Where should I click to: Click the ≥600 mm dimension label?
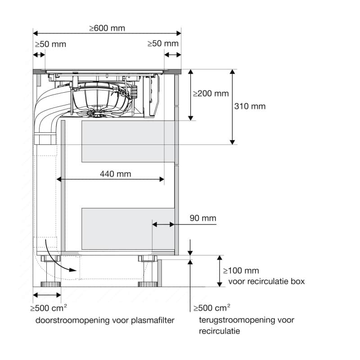pyautogui.click(x=107, y=28)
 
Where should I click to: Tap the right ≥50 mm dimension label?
pyautogui.click(x=163, y=44)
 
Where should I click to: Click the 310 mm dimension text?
pyautogui.click(x=250, y=106)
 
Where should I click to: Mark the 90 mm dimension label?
pyautogui.click(x=202, y=218)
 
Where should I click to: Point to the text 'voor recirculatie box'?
pyautogui.click(x=266, y=281)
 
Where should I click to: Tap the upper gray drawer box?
pyautogui.click(x=127, y=141)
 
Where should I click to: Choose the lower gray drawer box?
pyautogui.click(x=127, y=229)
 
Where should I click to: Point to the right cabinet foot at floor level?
pyautogui.click(x=148, y=284)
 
